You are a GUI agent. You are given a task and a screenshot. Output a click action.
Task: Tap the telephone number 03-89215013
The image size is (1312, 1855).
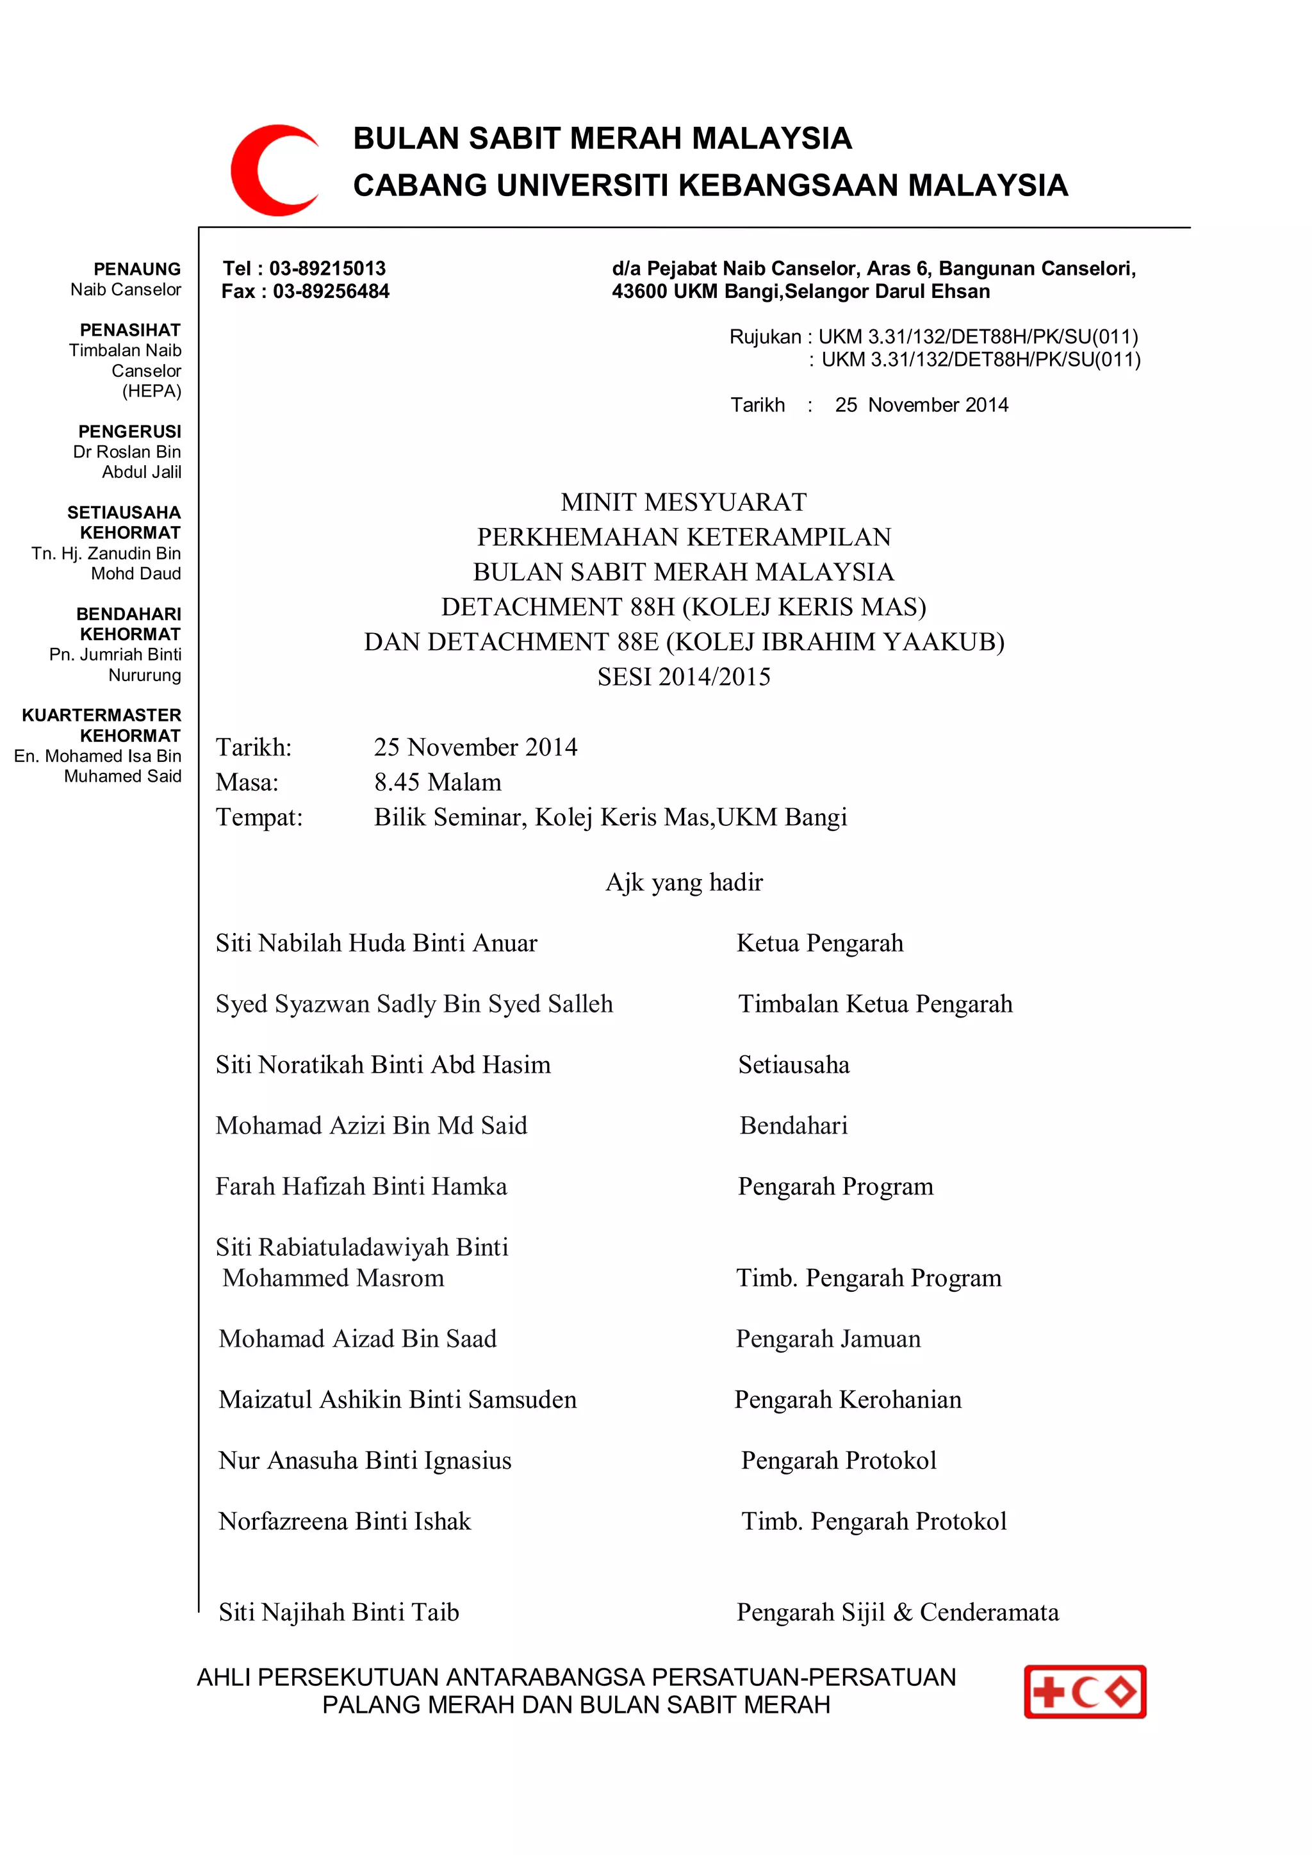[327, 268]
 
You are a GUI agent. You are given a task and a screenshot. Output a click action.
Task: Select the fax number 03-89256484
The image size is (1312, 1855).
[331, 292]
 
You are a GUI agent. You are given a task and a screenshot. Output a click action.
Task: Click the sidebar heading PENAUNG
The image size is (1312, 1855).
[136, 269]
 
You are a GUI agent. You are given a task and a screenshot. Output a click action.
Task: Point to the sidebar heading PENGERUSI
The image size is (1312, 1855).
[129, 431]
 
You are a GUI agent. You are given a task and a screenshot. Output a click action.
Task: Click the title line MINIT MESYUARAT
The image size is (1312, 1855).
[684, 502]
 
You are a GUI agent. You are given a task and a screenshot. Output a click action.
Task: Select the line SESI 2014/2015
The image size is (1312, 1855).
[684, 677]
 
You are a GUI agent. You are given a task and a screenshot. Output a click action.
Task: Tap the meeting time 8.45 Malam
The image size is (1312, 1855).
[437, 782]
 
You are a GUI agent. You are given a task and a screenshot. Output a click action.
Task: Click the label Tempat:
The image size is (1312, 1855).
[259, 818]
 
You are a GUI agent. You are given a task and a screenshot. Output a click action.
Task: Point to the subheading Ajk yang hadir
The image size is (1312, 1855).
[684, 882]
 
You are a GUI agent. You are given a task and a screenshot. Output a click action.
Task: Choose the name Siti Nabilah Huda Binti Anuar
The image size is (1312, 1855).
[375, 943]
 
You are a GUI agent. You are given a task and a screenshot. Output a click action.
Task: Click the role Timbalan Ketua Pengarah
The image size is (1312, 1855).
[875, 1003]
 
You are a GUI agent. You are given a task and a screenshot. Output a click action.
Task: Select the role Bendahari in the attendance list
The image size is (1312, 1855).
[793, 1125]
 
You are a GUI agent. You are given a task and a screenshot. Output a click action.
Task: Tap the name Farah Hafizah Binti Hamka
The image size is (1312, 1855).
[361, 1186]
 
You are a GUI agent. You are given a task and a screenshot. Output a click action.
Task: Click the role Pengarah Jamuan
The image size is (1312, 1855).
[828, 1339]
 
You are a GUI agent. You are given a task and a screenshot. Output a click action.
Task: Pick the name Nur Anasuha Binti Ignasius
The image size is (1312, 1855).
[365, 1461]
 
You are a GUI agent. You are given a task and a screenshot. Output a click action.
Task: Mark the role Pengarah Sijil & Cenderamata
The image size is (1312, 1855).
[898, 1613]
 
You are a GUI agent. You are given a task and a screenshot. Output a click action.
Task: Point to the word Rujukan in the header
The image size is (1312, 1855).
[764, 337]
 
